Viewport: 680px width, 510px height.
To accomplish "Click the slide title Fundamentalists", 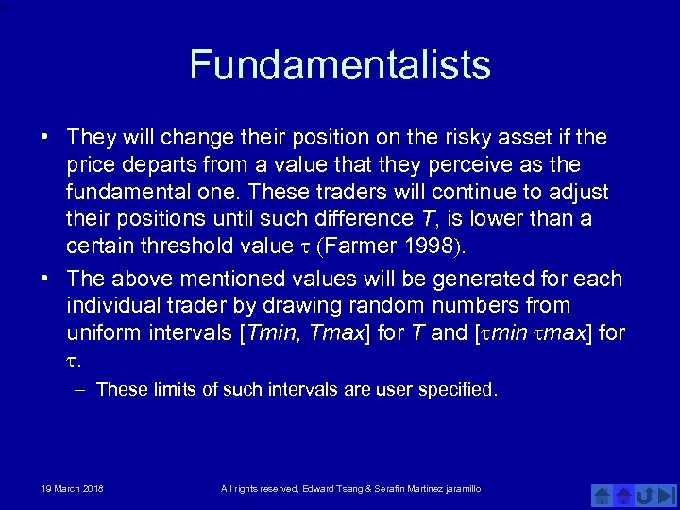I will (x=340, y=65).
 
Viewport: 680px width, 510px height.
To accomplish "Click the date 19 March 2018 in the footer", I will (x=72, y=488).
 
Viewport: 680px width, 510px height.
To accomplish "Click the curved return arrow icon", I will (x=645, y=494).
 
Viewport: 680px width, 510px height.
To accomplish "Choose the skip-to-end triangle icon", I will (x=668, y=494).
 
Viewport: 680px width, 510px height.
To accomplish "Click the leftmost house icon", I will (x=602, y=494).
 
